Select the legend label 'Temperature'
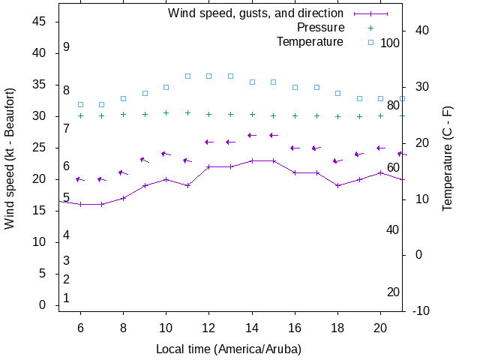pyautogui.click(x=310, y=42)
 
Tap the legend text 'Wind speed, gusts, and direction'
pyautogui.click(x=256, y=13)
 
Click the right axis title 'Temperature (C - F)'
pyautogui.click(x=448, y=158)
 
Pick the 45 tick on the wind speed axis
pyautogui.click(x=40, y=22)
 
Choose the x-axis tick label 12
pyautogui.click(x=209, y=328)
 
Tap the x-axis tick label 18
pyautogui.click(x=338, y=328)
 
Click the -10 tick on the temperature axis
pyautogui.click(x=421, y=311)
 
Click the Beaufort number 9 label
pyautogui.click(x=66, y=47)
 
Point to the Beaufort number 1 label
pyautogui.click(x=66, y=298)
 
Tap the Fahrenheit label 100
pyautogui.click(x=390, y=43)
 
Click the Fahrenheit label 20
pyautogui.click(x=393, y=292)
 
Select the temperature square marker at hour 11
pyautogui.click(x=187, y=76)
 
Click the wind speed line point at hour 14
pyautogui.click(x=252, y=160)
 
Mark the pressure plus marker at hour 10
pyautogui.click(x=166, y=112)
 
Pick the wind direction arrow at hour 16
pyautogui.click(x=295, y=148)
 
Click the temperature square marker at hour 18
pyautogui.click(x=338, y=93)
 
